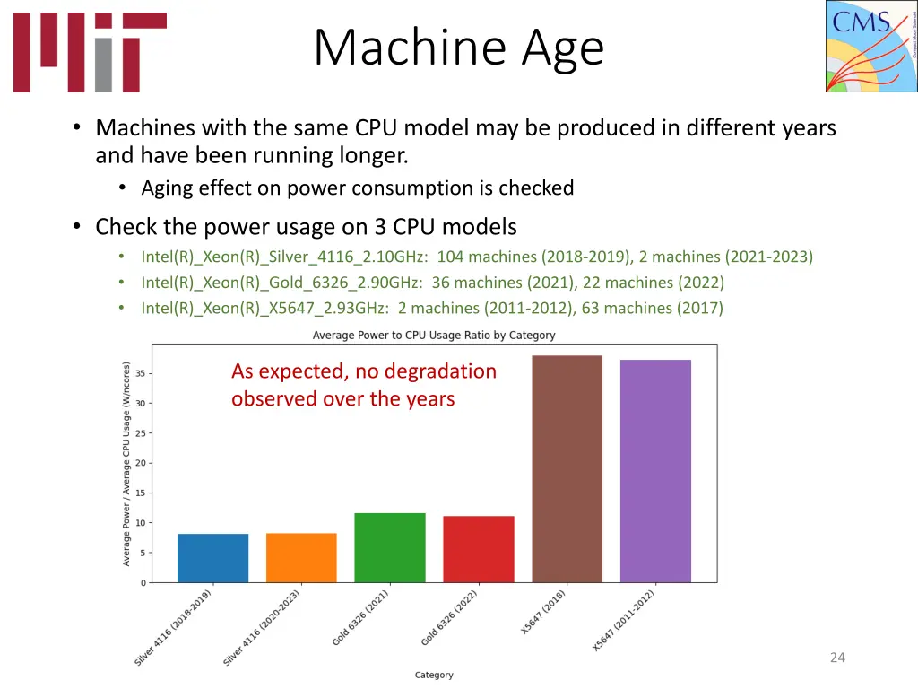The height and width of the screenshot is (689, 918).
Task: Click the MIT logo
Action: click(x=90, y=52)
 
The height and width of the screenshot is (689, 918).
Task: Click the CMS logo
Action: click(x=870, y=46)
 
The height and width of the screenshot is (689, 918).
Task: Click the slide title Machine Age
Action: click(x=459, y=48)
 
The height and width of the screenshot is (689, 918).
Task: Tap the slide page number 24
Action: click(x=837, y=658)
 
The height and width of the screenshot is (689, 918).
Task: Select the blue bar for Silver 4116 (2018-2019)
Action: click(x=212, y=558)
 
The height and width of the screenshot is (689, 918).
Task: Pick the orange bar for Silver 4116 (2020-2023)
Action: click(x=301, y=558)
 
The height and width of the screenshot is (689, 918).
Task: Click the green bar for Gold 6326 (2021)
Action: click(x=390, y=548)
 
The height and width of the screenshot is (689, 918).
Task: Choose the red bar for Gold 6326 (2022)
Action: click(x=479, y=549)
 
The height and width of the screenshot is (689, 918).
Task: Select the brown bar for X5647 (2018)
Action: click(x=567, y=469)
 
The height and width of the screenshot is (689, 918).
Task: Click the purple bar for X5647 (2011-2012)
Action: click(x=655, y=471)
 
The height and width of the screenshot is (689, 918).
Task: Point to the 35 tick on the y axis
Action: click(x=141, y=373)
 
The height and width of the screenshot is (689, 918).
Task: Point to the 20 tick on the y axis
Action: click(x=141, y=463)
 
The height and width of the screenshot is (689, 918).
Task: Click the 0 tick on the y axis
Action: click(x=143, y=583)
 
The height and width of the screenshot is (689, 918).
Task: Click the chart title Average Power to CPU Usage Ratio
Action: click(x=434, y=335)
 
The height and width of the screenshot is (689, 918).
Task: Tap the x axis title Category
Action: click(x=434, y=675)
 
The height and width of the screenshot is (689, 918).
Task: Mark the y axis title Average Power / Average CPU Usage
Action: click(x=126, y=463)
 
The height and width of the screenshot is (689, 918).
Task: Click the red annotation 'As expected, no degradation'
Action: click(x=363, y=371)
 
